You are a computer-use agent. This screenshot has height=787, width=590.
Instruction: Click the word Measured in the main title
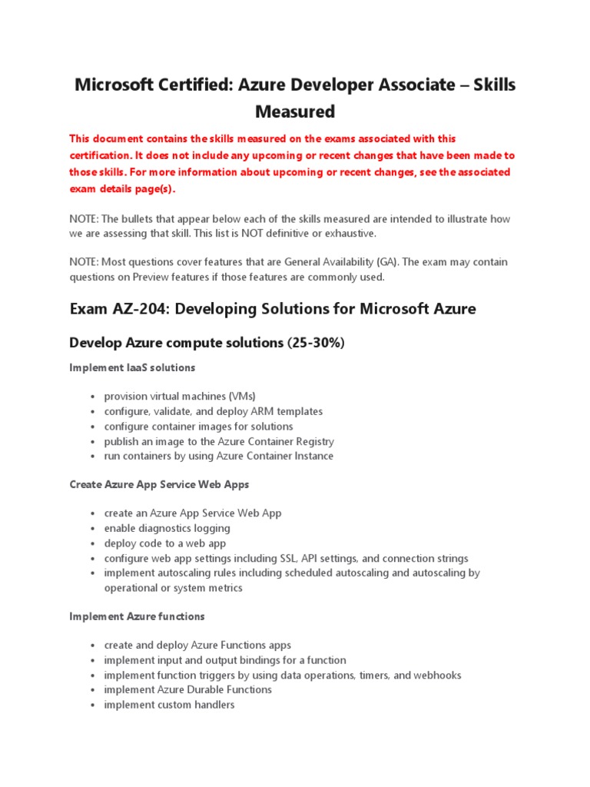pyautogui.click(x=295, y=111)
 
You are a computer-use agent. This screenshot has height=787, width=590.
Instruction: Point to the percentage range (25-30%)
pyautogui.click(x=316, y=343)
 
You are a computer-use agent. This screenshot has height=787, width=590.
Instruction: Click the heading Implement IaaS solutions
pyautogui.click(x=132, y=367)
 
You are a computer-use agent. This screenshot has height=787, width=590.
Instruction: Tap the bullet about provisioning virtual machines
pyautogui.click(x=180, y=397)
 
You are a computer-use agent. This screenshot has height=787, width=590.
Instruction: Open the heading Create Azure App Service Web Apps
pyautogui.click(x=159, y=485)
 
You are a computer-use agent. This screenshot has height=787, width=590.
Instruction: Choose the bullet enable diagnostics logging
pyautogui.click(x=167, y=529)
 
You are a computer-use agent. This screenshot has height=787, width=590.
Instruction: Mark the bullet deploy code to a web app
pyautogui.click(x=164, y=543)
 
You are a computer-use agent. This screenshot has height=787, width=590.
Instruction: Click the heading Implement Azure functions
pyautogui.click(x=137, y=616)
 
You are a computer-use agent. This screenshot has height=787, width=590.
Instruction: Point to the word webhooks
pyautogui.click(x=438, y=675)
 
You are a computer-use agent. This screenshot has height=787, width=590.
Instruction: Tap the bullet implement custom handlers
pyautogui.click(x=169, y=704)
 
